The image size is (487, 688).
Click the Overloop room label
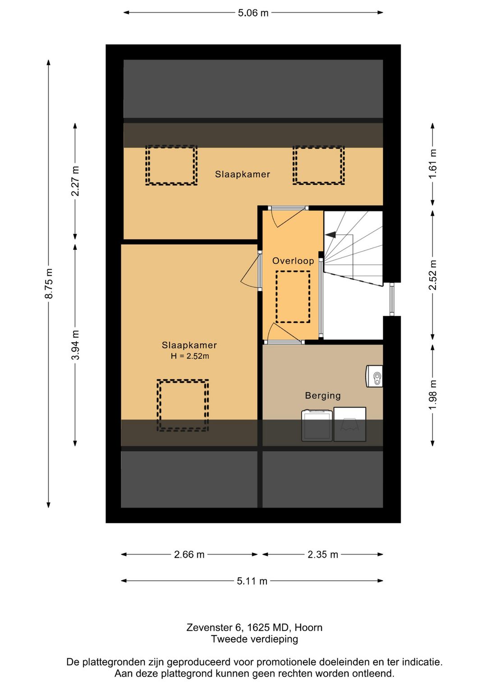tap(293, 261)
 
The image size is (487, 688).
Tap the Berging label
tap(323, 395)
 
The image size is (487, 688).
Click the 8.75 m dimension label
tap(49, 283)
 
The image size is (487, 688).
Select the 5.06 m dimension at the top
tap(253, 13)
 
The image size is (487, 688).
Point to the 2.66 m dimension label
tap(189, 555)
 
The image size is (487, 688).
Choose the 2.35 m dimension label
tap(323, 555)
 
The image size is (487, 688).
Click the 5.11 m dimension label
tap(252, 581)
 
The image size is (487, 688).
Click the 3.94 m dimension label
tap(75, 345)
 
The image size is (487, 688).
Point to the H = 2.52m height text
tap(190, 356)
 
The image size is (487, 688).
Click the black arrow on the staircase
tap(331, 234)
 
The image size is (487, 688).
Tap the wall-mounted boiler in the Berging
tap(374, 376)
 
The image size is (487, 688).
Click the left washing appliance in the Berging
tap(317, 426)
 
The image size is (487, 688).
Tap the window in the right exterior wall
tap(392, 299)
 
